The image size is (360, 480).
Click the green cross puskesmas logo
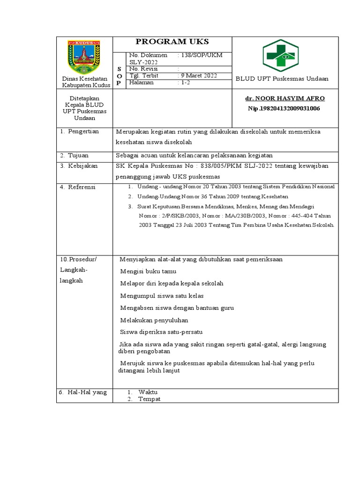280,55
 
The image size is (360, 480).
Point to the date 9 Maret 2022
198,76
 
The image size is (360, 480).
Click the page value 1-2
184,82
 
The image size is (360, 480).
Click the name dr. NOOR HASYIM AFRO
285,98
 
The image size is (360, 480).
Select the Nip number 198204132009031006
284,108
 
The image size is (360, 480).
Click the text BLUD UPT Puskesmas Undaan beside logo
282,79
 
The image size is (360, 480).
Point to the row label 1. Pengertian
79,132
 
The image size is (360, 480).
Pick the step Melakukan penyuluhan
154,320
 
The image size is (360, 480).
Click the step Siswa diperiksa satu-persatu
161,332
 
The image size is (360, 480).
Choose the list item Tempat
149,399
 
